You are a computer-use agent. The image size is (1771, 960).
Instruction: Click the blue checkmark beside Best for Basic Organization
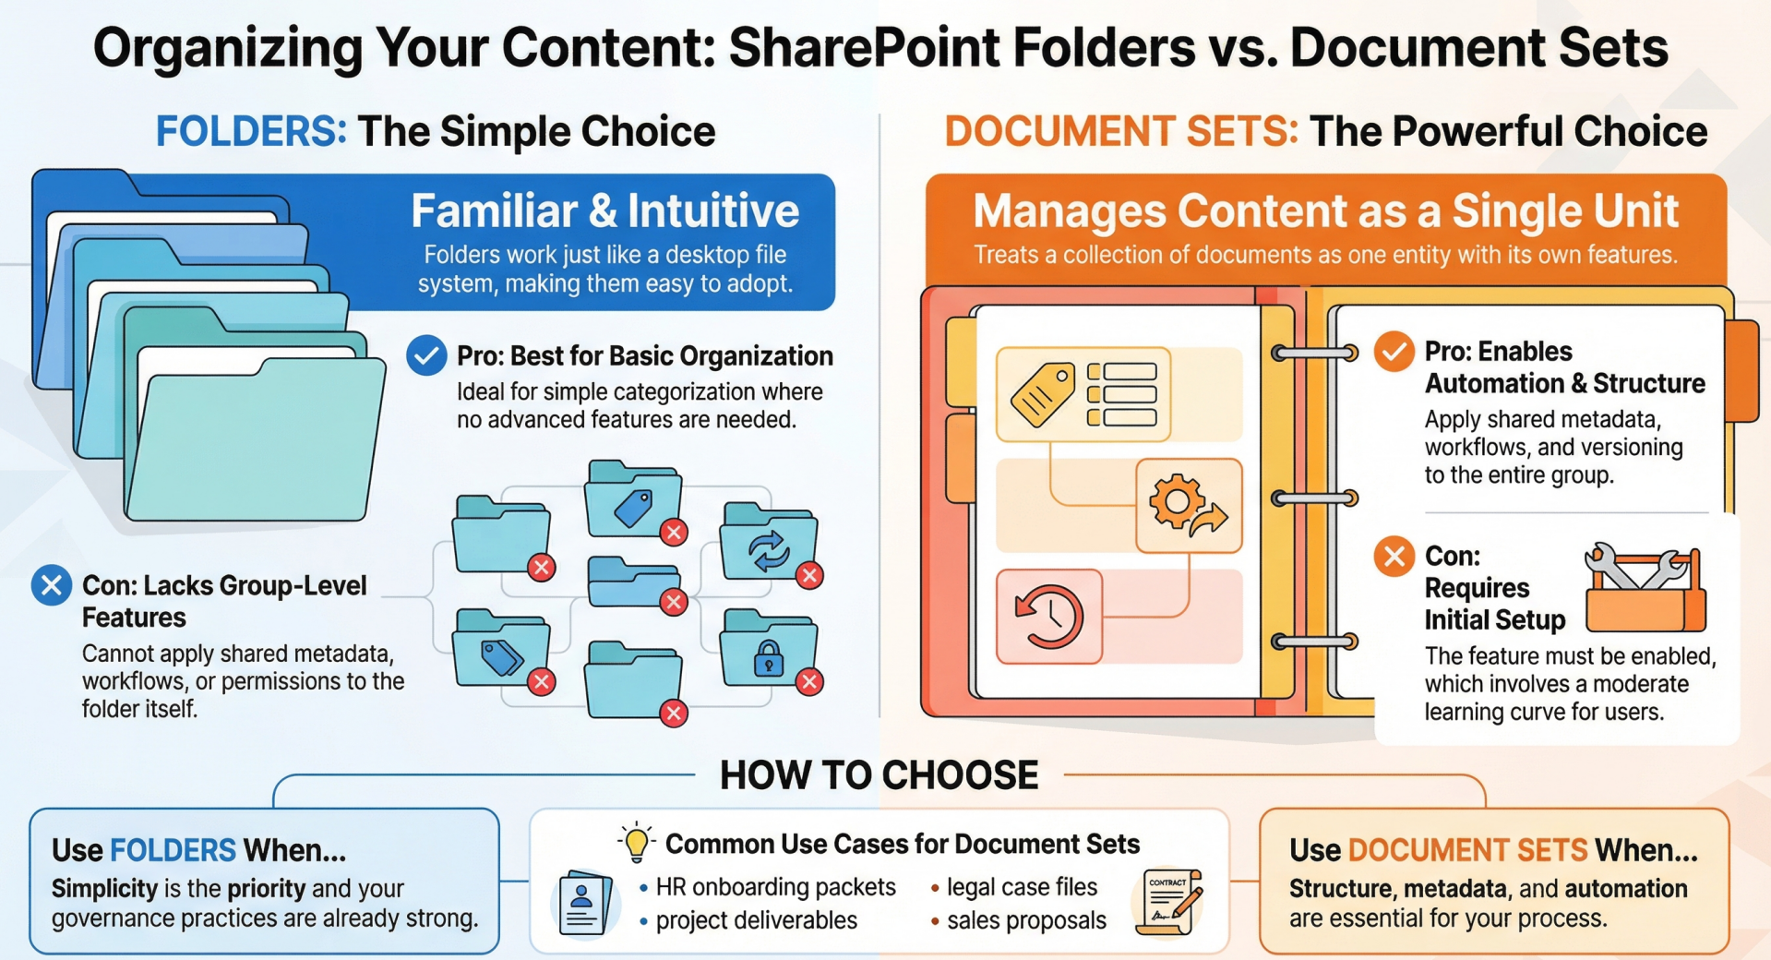tap(426, 355)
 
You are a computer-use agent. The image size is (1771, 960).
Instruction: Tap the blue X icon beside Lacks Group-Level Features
tap(52, 585)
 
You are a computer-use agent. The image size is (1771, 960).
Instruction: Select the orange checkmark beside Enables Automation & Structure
tap(1394, 352)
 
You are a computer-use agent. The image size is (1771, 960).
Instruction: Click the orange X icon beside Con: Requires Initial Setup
tap(1394, 557)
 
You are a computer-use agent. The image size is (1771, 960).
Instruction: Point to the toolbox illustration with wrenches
tap(1645, 587)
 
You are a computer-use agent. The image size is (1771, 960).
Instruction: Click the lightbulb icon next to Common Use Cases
tap(636, 842)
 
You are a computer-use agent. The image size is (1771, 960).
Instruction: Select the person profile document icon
tap(585, 904)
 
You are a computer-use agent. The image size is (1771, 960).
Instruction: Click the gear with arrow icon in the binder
tap(1188, 506)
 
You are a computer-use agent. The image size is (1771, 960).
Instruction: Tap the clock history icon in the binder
tap(1049, 616)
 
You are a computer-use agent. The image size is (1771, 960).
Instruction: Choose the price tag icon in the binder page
tap(1043, 393)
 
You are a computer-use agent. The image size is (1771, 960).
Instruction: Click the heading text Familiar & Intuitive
tap(605, 210)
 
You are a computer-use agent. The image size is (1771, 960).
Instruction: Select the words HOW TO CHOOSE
tap(879, 775)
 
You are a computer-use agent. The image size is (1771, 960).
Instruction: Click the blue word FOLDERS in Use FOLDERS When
tap(174, 849)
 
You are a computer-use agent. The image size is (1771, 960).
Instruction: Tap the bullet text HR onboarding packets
tap(775, 887)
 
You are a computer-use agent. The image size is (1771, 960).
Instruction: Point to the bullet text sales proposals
tap(1026, 920)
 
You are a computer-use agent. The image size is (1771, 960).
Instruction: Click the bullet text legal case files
tap(1022, 887)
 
